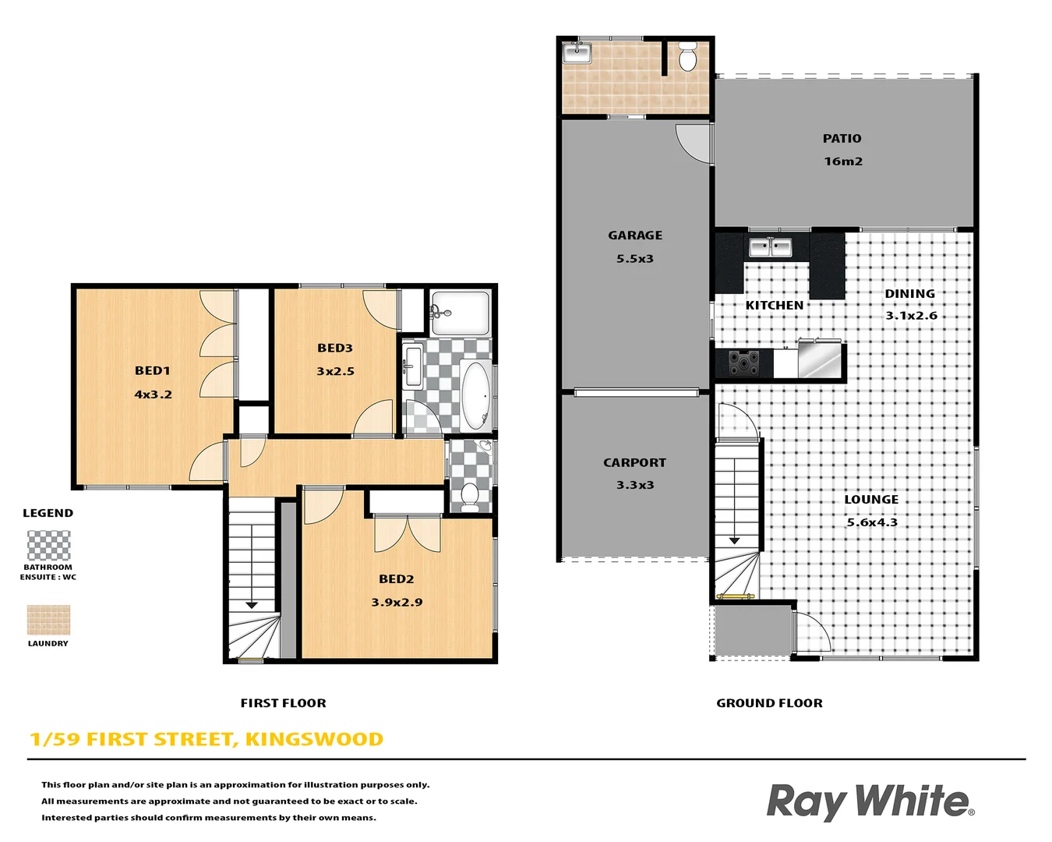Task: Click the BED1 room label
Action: coord(153,371)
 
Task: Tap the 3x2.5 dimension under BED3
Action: coord(335,372)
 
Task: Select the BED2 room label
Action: coord(397,579)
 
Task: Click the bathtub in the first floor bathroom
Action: coord(475,396)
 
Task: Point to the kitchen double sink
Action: coord(770,248)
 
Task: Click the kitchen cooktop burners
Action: coord(744,363)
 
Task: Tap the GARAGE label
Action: coord(635,235)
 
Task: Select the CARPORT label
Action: coord(634,463)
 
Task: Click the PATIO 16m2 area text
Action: coord(843,161)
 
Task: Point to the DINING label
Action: coord(909,294)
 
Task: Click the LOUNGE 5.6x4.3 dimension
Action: coord(872,522)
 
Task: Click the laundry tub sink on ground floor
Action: coord(577,53)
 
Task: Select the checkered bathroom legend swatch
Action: coord(48,546)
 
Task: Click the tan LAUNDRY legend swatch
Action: coord(48,621)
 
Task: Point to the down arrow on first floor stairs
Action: coord(252,604)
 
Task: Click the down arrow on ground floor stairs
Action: coord(735,540)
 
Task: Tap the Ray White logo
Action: coord(870,801)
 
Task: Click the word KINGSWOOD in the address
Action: coord(314,739)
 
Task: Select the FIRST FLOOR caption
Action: coord(283,703)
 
